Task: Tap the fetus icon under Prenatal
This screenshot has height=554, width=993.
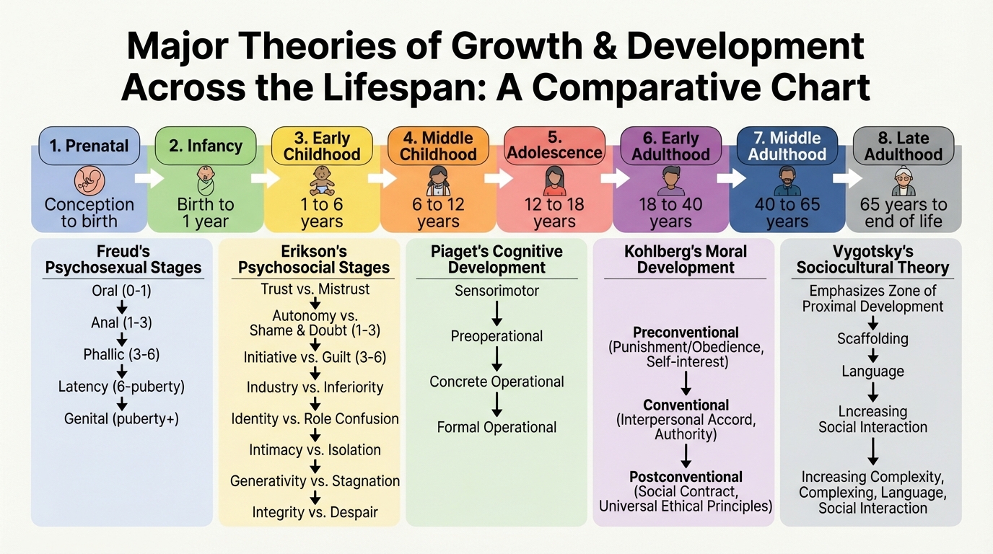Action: (x=89, y=180)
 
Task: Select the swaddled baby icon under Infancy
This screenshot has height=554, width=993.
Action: (x=206, y=180)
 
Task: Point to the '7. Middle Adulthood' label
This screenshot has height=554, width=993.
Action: (x=787, y=146)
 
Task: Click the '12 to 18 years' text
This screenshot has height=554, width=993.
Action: (x=554, y=213)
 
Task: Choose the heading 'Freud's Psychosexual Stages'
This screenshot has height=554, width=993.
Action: (x=123, y=260)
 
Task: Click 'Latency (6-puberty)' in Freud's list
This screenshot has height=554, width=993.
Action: (x=121, y=387)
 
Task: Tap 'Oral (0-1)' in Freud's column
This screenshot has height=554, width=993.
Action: (x=121, y=292)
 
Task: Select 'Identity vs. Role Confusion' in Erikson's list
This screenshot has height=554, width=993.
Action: (x=315, y=418)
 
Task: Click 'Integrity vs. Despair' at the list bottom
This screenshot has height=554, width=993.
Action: (x=315, y=512)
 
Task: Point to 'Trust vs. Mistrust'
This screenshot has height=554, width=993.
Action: (x=315, y=289)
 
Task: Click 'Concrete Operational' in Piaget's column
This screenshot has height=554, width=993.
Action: (x=496, y=382)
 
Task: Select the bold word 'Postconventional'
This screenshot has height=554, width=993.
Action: (x=686, y=477)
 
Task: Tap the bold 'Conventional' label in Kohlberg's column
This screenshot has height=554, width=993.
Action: (x=686, y=405)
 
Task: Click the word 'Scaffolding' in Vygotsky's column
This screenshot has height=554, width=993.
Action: (x=872, y=338)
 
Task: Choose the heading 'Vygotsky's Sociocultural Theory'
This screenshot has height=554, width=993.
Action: (x=872, y=260)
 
